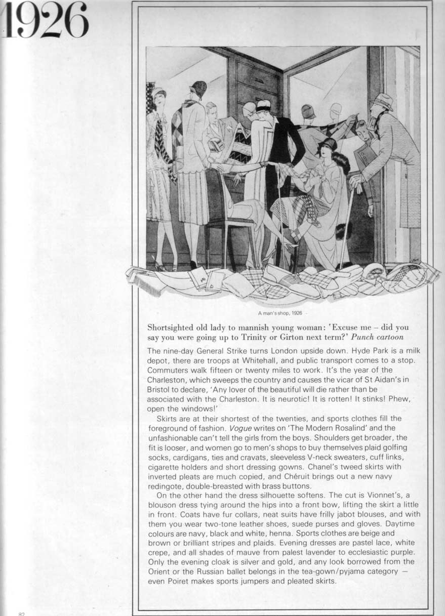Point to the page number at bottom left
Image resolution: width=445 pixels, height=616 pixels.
pos(21,613)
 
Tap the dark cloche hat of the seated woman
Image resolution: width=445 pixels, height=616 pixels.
pos(329,144)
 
